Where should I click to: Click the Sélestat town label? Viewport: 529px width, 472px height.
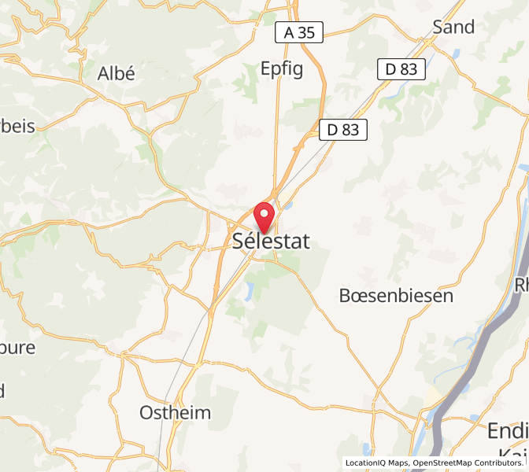[x=272, y=242]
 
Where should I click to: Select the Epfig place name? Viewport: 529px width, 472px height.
[x=282, y=69]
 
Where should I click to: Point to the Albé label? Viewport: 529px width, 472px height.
[x=116, y=74]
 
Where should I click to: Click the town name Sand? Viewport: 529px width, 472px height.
[x=454, y=28]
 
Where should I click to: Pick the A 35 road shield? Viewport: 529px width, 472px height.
[x=299, y=33]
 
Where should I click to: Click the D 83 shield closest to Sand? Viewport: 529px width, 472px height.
[x=401, y=69]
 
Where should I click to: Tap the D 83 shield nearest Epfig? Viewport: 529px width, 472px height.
[x=344, y=130]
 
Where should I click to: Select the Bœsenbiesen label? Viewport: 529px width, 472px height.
[x=396, y=296]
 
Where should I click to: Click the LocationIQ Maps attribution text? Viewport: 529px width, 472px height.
[x=376, y=463]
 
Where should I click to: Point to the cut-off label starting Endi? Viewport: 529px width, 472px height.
[x=508, y=430]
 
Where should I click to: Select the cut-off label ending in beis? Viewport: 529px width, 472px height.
[x=17, y=126]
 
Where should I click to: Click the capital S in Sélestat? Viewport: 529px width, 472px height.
[x=239, y=242]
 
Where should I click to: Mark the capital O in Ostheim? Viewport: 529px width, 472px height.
[x=147, y=413]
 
